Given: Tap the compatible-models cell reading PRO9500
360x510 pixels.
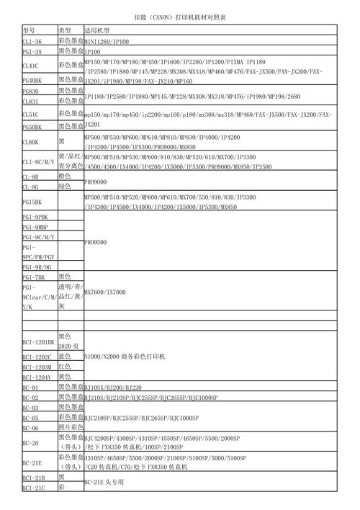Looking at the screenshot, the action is [x=96, y=242].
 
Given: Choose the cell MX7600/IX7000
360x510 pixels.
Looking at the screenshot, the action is [x=105, y=292].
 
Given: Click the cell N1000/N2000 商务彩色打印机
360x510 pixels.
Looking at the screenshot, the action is [x=125, y=357].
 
